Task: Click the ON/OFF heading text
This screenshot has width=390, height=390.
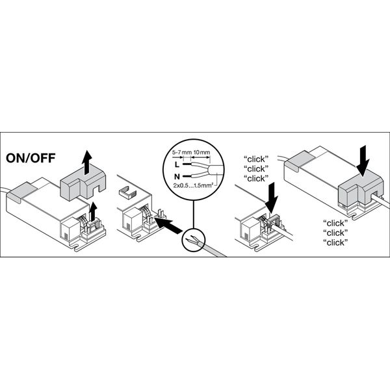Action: (31, 158)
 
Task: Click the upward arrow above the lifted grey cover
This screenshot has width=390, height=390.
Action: (86, 162)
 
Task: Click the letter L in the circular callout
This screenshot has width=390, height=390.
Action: (177, 164)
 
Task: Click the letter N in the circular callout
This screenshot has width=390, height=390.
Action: (177, 177)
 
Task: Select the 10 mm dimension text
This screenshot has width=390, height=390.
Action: (201, 152)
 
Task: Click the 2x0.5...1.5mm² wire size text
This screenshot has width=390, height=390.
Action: (193, 185)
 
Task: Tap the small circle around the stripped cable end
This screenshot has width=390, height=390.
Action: (194, 239)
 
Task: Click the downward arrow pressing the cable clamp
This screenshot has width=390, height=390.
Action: (271, 197)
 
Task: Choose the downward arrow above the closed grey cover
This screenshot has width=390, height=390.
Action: (363, 161)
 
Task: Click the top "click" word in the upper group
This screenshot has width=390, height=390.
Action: (256, 159)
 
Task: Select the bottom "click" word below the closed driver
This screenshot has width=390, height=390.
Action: (335, 242)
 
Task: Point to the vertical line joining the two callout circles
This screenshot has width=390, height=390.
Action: (193, 214)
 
